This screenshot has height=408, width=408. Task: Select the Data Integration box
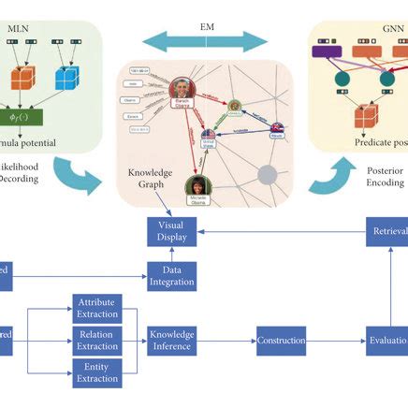click(169, 276)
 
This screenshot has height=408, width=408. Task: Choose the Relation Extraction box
click(97, 341)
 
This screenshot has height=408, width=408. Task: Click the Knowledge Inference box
click(169, 341)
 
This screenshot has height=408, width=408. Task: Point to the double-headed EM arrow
click(205, 40)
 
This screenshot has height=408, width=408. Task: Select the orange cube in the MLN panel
click(22, 77)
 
